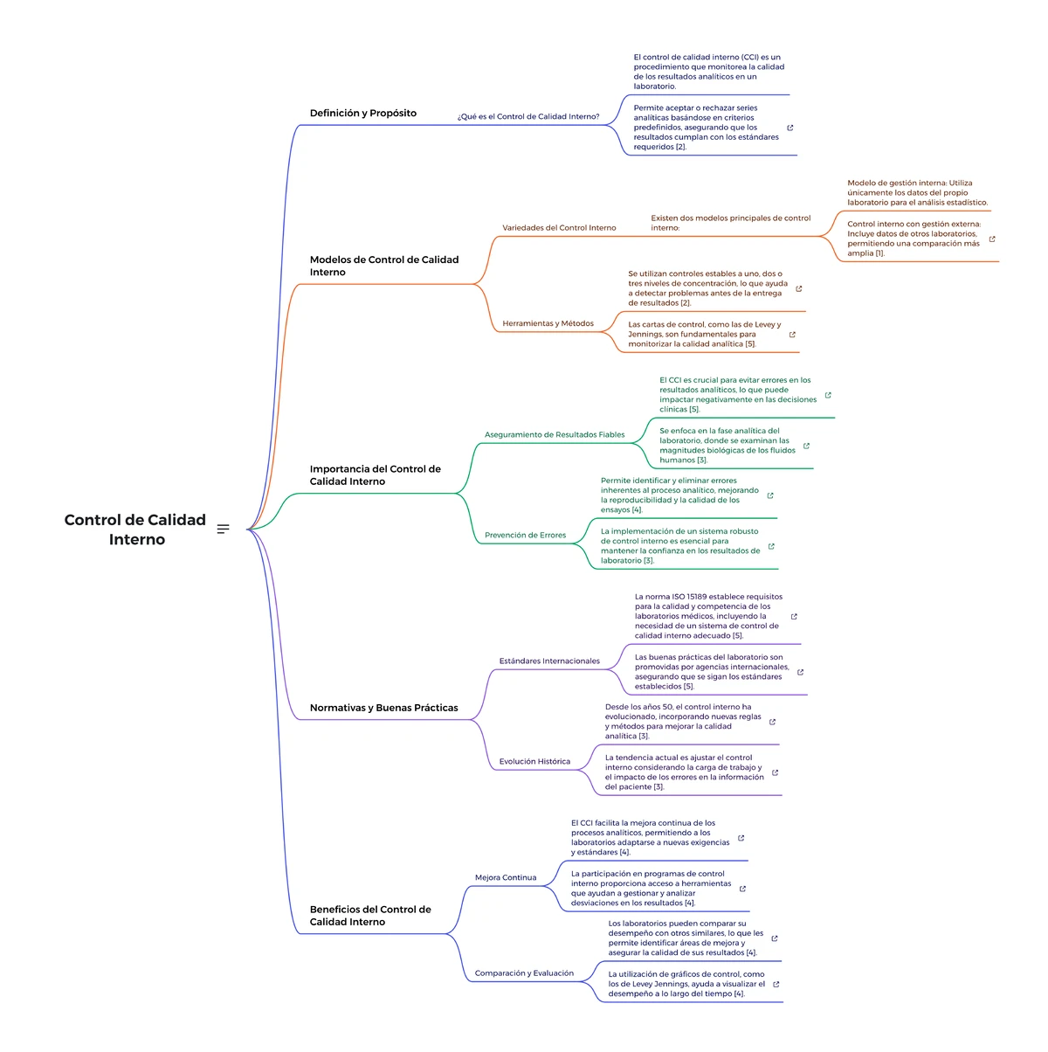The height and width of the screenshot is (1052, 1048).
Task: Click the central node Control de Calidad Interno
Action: tap(134, 529)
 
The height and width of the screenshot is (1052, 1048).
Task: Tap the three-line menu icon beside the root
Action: tap(223, 529)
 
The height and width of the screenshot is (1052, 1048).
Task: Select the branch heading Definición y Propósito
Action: tap(363, 113)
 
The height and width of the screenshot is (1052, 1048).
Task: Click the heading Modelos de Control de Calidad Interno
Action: tap(383, 266)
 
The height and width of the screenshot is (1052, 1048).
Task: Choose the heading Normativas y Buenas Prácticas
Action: tap(383, 707)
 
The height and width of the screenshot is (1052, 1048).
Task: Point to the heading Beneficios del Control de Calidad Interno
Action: tap(370, 915)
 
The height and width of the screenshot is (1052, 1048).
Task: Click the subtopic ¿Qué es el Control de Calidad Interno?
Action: tap(527, 116)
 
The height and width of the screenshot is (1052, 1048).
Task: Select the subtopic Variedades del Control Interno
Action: tap(559, 228)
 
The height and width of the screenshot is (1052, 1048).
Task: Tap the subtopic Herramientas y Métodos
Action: tap(548, 323)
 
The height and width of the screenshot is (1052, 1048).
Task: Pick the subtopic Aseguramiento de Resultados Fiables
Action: tap(554, 434)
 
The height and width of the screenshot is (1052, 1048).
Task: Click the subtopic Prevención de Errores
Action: tap(525, 535)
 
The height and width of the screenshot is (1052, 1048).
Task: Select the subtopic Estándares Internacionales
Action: tap(549, 661)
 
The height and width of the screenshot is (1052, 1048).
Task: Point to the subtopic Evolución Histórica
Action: tap(534, 761)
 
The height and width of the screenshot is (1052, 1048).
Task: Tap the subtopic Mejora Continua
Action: tap(506, 877)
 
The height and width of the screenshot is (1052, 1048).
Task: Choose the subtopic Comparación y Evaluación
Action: tap(524, 972)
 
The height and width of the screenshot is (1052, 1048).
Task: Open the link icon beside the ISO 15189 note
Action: tap(794, 616)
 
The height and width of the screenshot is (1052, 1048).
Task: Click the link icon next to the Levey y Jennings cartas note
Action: tap(792, 335)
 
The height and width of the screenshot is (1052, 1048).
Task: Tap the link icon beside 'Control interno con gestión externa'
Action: tap(992, 239)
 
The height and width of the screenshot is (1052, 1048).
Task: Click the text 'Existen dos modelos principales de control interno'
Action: tap(730, 223)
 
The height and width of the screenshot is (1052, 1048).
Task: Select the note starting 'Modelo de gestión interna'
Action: tap(917, 193)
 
